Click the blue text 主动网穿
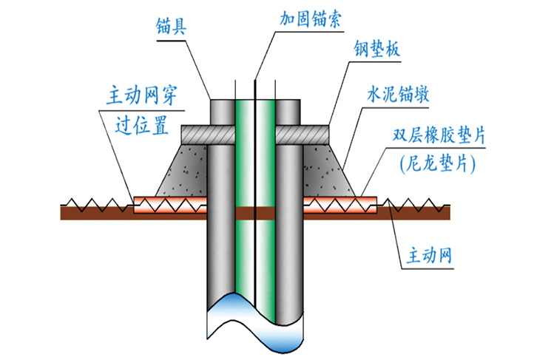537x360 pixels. [x=145, y=96]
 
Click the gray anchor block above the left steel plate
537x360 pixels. [x=220, y=111]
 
